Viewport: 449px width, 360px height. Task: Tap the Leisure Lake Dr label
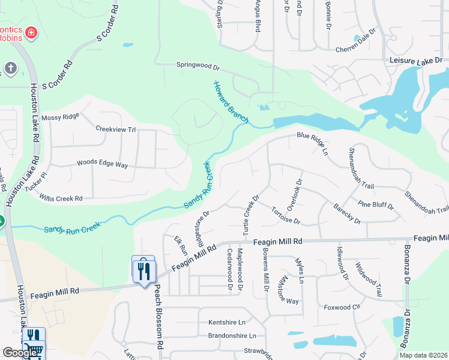(x=415, y=61)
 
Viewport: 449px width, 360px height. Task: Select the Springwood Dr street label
(x=198, y=65)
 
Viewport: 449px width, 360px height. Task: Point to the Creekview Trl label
(x=116, y=129)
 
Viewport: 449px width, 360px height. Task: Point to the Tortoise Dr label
(x=285, y=216)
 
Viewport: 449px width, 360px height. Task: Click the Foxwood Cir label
(x=342, y=307)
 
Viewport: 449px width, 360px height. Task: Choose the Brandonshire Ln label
(x=232, y=335)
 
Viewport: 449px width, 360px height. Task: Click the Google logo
(x=20, y=353)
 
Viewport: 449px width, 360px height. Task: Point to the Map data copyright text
(x=423, y=355)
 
